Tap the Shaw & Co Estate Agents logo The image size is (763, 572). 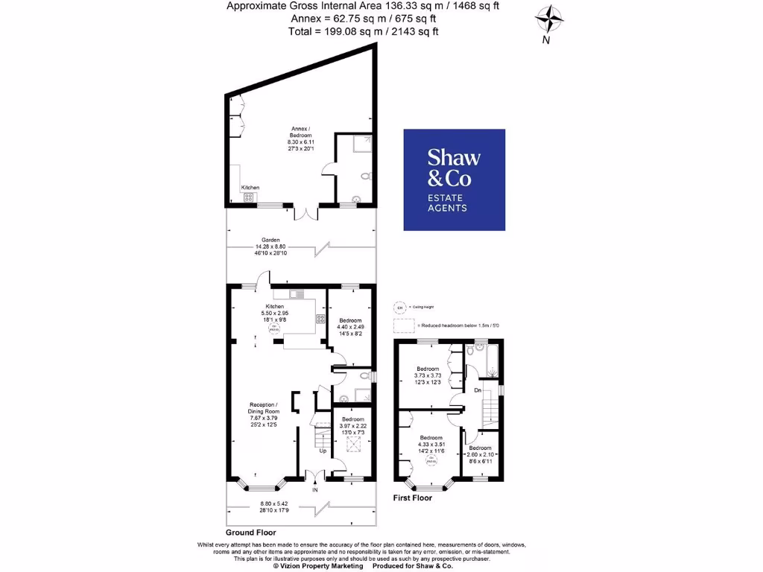454,179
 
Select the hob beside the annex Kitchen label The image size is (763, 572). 248,197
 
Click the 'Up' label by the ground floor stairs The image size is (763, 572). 323,451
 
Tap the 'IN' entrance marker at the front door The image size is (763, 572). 314,491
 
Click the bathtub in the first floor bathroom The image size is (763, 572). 493,363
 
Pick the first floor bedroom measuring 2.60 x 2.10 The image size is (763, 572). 481,451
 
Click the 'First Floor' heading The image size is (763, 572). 412,498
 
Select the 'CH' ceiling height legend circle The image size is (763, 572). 400,308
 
